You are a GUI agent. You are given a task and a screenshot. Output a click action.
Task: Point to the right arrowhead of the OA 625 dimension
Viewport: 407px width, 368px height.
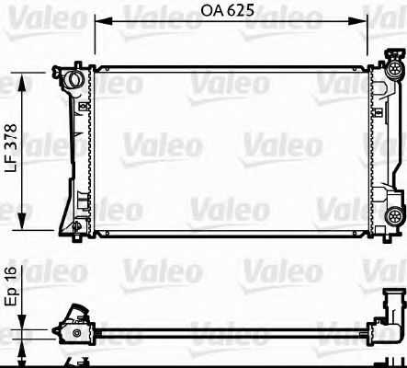[368, 19]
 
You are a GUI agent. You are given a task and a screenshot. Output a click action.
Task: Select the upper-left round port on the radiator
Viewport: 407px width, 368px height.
[70, 80]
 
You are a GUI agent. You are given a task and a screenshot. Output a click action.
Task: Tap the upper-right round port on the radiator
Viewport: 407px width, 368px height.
[394, 69]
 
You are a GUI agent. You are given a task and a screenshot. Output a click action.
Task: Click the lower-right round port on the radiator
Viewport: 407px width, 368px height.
[393, 217]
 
